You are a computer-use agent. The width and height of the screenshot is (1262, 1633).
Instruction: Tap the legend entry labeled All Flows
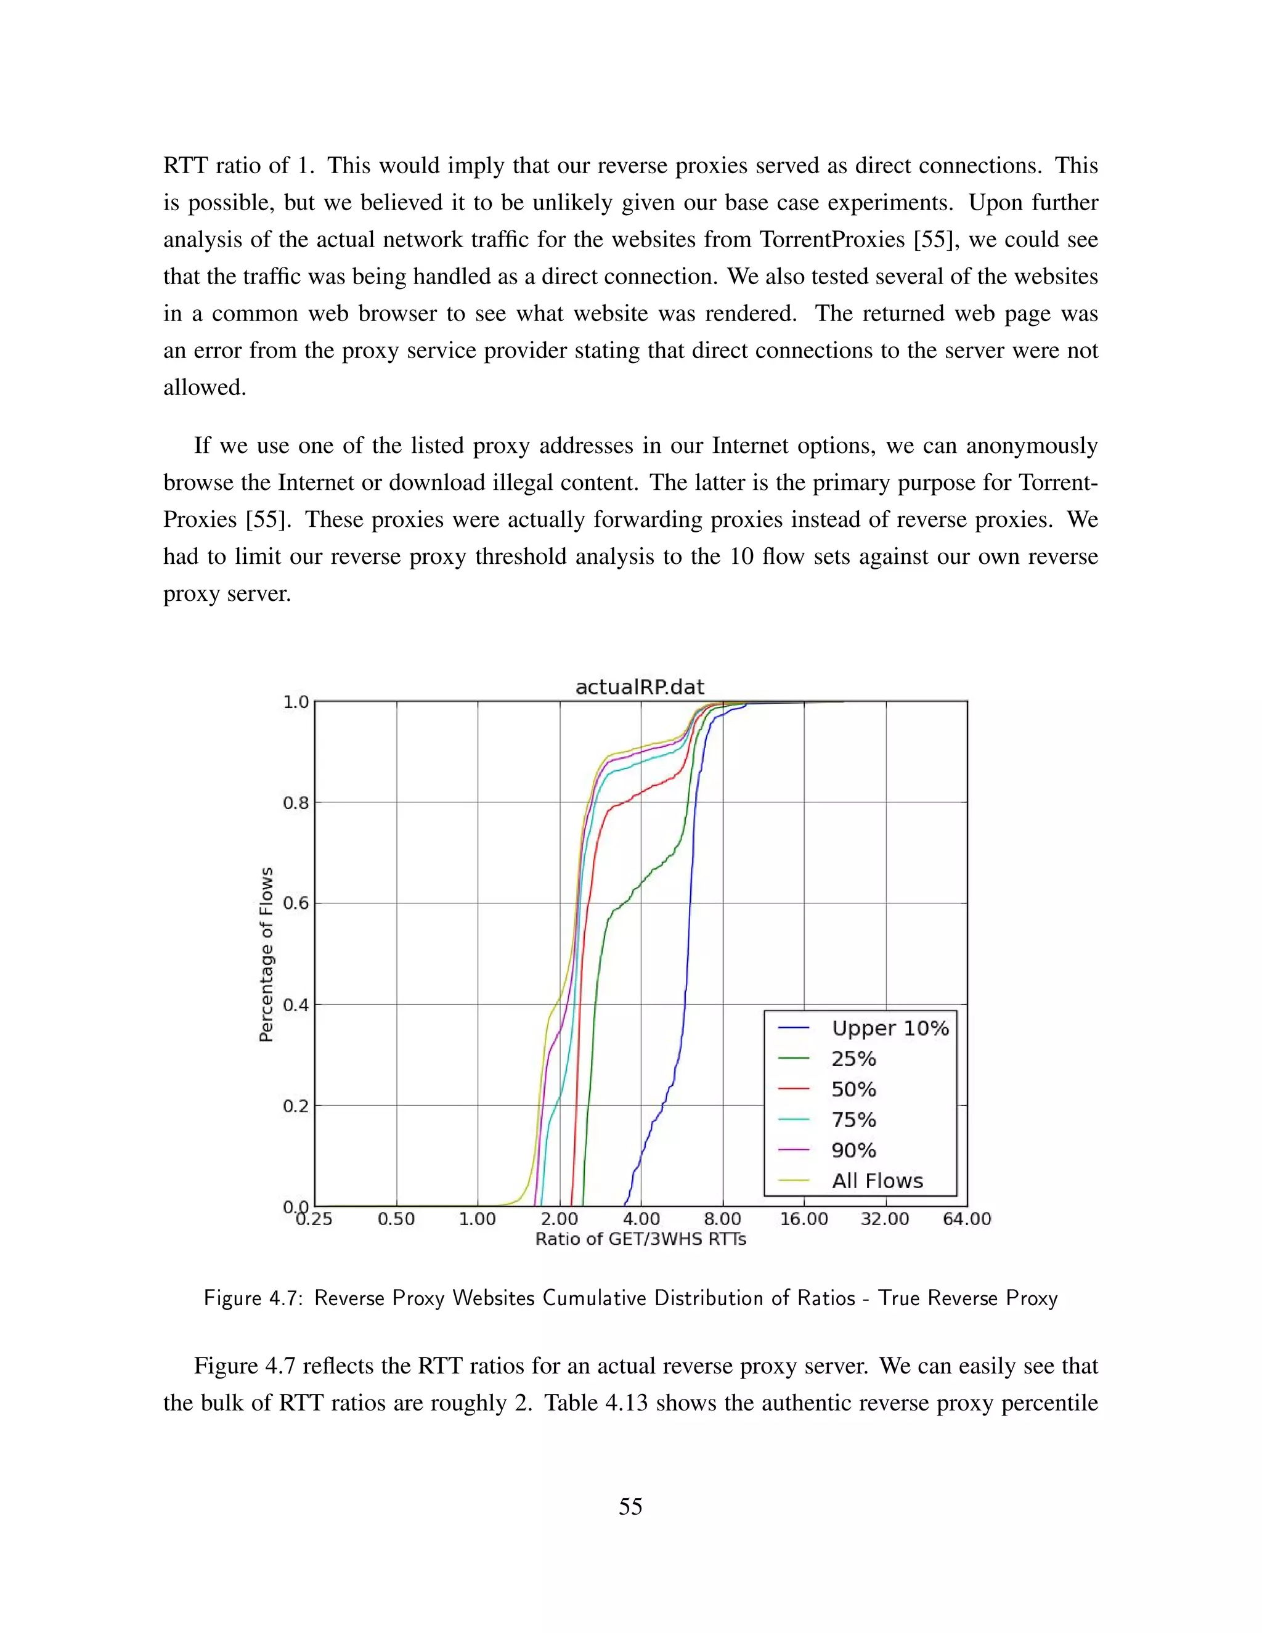click(x=877, y=1181)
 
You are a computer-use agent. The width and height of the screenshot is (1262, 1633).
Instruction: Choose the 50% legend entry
click(x=853, y=1089)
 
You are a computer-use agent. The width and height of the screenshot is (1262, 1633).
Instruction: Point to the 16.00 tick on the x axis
click(x=804, y=1219)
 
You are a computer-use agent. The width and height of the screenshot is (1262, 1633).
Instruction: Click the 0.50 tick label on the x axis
click(x=396, y=1219)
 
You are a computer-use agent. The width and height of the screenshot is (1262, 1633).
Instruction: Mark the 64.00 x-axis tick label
click(x=967, y=1219)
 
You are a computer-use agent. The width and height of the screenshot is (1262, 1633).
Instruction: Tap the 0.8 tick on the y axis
click(x=295, y=803)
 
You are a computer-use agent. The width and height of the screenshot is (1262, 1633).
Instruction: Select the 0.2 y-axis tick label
click(x=295, y=1106)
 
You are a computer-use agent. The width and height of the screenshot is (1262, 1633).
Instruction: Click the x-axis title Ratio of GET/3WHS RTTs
click(x=641, y=1239)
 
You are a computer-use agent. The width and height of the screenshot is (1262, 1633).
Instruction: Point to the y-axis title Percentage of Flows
click(x=266, y=954)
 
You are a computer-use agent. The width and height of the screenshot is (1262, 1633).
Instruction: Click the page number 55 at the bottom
click(x=630, y=1506)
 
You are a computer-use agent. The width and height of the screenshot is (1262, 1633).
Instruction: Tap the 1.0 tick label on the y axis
click(x=295, y=702)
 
